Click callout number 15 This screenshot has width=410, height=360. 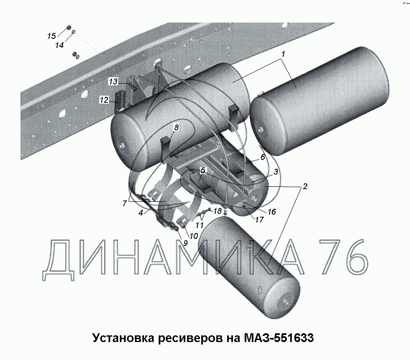point(51,36)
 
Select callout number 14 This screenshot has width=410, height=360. point(59,45)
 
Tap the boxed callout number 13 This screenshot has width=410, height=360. point(113,81)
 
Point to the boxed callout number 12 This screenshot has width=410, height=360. point(104,100)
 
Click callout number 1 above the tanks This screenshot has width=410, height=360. point(283,54)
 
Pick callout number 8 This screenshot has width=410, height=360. point(177,127)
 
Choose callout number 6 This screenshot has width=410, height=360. point(263,157)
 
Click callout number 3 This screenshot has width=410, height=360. point(276,172)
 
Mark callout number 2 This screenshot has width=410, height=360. point(305,186)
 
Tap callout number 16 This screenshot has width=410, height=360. point(272,211)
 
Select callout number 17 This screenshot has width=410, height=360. point(259,219)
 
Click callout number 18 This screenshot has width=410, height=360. point(218,210)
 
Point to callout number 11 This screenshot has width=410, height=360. point(200,225)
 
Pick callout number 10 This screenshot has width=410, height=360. point(193,236)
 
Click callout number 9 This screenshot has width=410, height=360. point(185,243)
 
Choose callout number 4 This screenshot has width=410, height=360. point(141,213)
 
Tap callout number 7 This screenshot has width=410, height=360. point(124,203)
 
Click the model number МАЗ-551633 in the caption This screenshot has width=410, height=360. point(279,338)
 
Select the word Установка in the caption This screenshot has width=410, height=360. point(124,338)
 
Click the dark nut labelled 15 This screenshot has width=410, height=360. point(69,28)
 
